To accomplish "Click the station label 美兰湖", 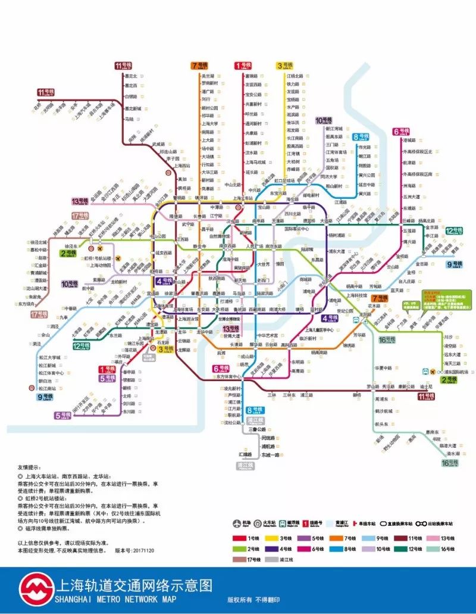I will tap(208, 76).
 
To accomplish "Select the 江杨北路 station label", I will tap(295, 76).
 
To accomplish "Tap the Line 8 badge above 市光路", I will tap(360, 137).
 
